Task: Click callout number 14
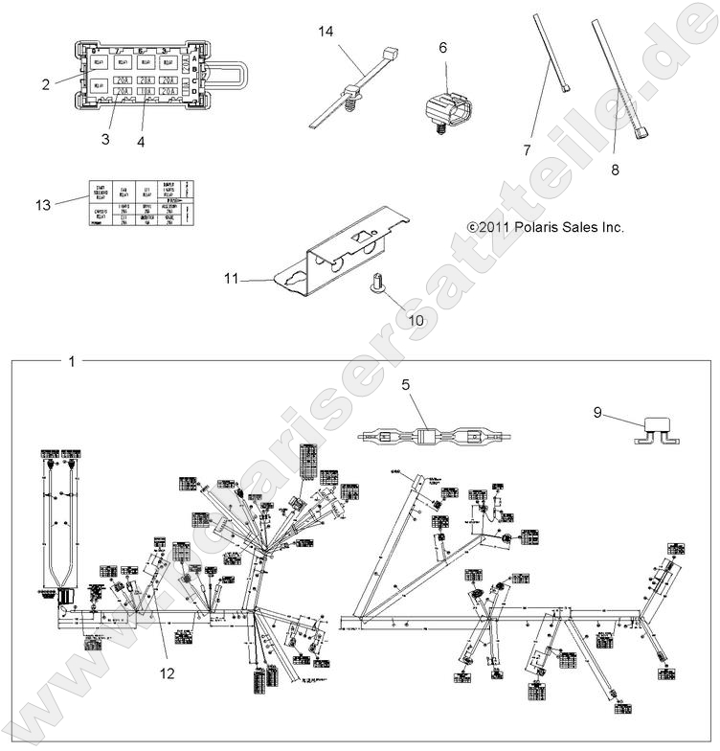click(x=326, y=32)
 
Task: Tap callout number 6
click(x=442, y=46)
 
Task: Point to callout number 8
click(x=613, y=170)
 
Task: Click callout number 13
click(x=42, y=203)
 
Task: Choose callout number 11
click(x=231, y=279)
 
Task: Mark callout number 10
click(x=416, y=320)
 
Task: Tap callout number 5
click(x=406, y=386)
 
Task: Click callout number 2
click(x=46, y=84)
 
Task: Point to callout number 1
click(x=72, y=362)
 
